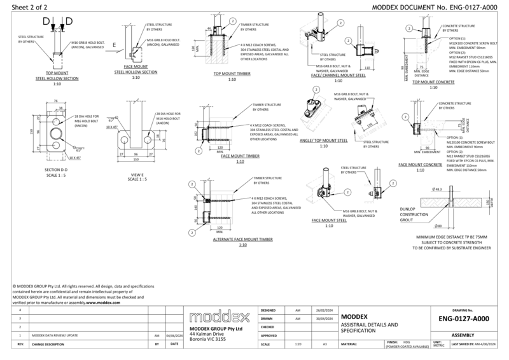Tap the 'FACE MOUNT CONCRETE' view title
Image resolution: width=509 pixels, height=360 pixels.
420,165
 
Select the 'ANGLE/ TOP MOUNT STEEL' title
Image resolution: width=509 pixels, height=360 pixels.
323,142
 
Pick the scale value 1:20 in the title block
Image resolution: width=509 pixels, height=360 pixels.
298,343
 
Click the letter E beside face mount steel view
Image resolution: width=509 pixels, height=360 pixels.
113,45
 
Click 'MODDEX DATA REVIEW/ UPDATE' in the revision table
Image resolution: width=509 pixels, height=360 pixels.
55,335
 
